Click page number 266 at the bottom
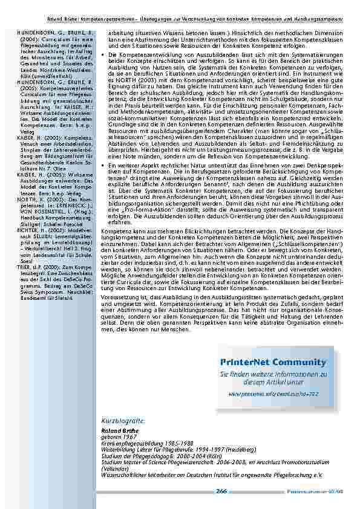pos(221,491)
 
